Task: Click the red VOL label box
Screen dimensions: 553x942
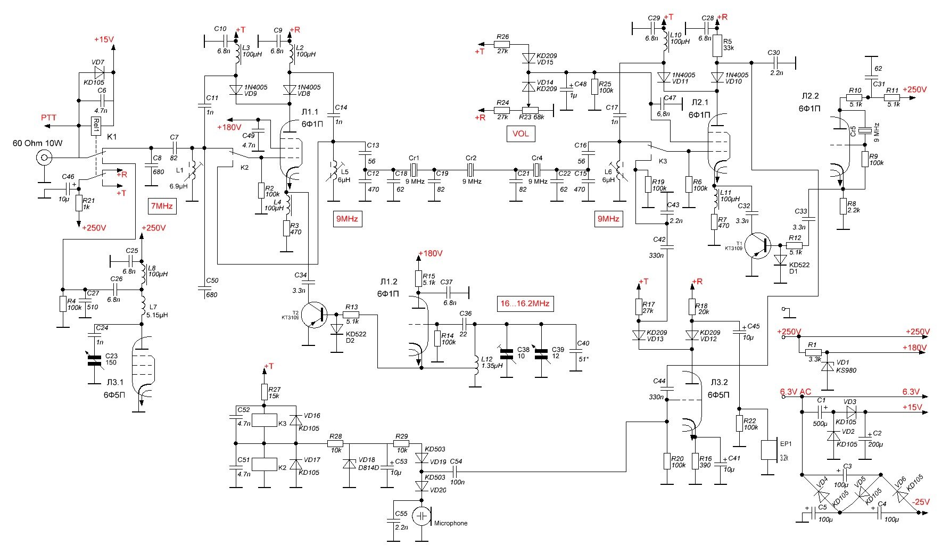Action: point(520,134)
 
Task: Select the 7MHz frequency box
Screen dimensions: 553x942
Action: point(162,205)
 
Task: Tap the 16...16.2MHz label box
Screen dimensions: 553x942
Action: point(524,304)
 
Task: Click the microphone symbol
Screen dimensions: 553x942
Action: point(423,516)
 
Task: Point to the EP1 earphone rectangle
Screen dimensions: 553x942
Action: point(770,450)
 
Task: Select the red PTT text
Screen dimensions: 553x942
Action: point(48,118)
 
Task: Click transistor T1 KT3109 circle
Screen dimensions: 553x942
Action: point(758,245)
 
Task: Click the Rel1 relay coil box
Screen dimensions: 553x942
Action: point(96,127)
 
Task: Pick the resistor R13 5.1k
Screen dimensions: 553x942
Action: point(351,315)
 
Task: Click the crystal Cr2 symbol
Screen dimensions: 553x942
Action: point(470,170)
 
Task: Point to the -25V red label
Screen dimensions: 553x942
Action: point(920,501)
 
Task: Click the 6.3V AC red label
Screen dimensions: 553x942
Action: point(795,392)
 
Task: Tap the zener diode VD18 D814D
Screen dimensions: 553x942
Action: point(349,464)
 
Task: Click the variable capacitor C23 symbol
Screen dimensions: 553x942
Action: point(95,360)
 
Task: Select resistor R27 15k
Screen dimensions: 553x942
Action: point(265,392)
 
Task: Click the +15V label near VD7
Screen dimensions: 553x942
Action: point(104,39)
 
